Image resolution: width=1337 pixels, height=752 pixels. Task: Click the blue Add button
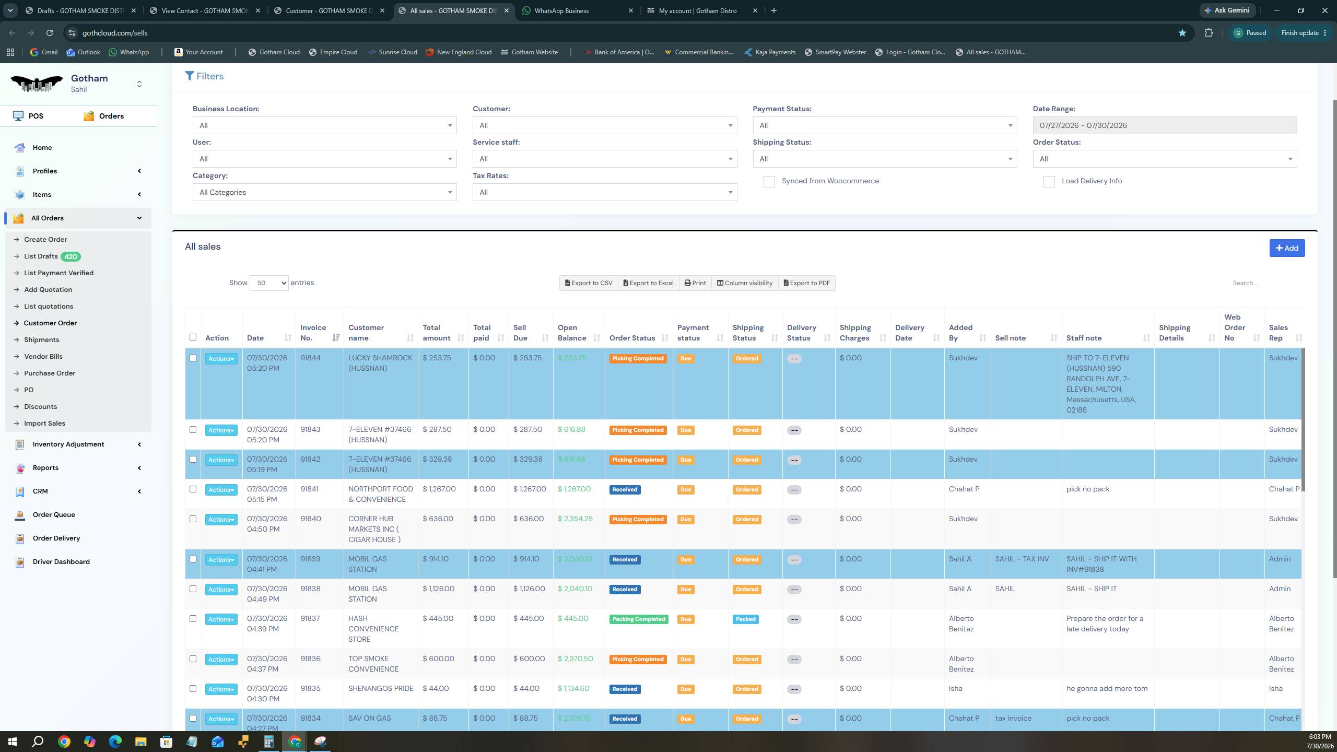click(x=1287, y=248)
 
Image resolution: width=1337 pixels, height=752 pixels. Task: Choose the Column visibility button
click(x=744, y=283)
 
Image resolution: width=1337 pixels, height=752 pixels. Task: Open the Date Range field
click(x=1165, y=125)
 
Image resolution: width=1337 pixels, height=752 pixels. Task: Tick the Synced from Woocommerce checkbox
click(x=769, y=181)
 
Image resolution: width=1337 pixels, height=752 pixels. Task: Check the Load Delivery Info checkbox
click(x=1049, y=181)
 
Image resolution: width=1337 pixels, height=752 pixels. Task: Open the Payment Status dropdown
click(x=885, y=125)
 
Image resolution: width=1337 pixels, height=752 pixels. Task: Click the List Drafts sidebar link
click(x=41, y=256)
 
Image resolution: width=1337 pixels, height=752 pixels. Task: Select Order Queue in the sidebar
click(x=54, y=515)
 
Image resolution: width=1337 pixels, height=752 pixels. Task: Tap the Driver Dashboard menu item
click(x=61, y=562)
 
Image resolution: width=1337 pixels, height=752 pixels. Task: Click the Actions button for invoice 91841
click(x=221, y=490)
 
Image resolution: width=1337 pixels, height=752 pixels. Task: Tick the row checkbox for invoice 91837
click(x=193, y=619)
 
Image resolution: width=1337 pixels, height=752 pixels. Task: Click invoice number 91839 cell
click(x=311, y=559)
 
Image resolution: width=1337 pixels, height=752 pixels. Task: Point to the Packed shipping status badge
click(x=745, y=619)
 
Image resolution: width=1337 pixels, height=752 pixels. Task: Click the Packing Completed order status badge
click(x=638, y=619)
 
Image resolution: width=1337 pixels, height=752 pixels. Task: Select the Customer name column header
click(x=366, y=333)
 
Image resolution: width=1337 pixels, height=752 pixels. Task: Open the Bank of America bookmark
click(x=619, y=52)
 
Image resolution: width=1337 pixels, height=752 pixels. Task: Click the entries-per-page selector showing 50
click(x=269, y=283)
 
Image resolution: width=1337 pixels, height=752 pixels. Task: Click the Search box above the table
click(x=1264, y=283)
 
